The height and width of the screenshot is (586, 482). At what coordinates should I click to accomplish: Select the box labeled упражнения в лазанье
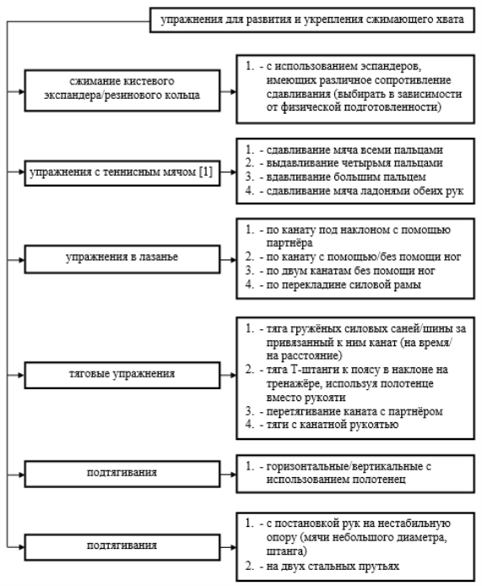pos(122,259)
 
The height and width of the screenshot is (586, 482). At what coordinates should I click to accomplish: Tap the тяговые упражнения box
pos(122,375)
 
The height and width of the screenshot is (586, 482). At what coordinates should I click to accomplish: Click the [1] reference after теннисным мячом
pos(205,172)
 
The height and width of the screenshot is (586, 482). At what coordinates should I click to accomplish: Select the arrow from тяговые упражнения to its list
pos(228,375)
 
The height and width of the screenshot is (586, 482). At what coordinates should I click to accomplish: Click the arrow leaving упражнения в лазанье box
pos(228,260)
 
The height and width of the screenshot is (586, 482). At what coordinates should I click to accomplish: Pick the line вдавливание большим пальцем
pos(346,176)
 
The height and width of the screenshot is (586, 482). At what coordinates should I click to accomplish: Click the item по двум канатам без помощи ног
pos(350,270)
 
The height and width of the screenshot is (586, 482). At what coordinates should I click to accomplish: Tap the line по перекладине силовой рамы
pos(344,285)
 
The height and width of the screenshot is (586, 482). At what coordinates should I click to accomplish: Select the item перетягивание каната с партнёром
pos(355,411)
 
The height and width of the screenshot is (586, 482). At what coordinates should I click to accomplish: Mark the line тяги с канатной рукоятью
pos(333,425)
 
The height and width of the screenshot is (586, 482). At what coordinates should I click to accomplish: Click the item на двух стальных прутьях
pos(333,566)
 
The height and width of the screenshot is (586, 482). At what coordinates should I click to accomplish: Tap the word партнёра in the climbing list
pos(290,243)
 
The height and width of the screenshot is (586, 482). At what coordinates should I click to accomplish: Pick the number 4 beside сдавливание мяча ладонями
pos(249,190)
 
